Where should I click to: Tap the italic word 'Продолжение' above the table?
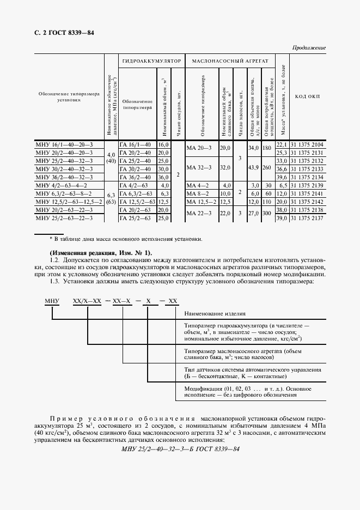click(308, 48)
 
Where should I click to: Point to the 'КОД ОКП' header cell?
click(308, 96)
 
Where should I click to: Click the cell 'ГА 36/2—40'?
click(136, 178)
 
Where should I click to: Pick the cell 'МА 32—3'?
click(198, 169)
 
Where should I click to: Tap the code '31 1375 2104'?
click(308, 145)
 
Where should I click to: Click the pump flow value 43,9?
click(253, 169)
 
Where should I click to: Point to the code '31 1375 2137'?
click(308, 218)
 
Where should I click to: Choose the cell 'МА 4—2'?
click(197, 186)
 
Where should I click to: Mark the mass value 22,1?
click(282, 145)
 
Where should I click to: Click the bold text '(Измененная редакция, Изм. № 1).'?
click(101, 253)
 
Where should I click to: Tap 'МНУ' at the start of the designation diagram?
click(52, 301)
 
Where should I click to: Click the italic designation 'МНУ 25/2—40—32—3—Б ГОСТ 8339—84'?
click(180, 449)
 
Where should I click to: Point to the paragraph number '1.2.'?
click(55, 261)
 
